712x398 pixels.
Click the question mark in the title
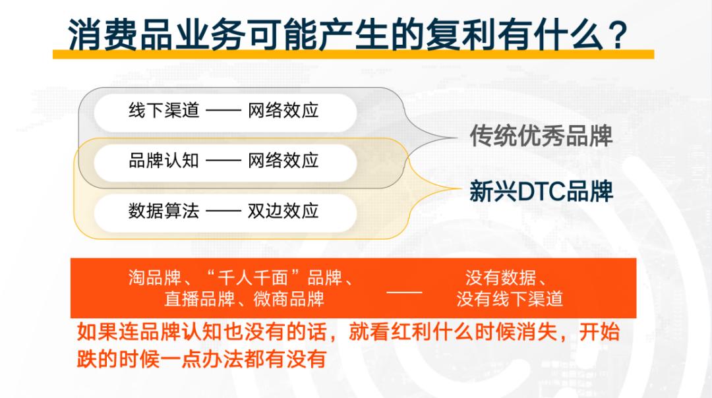[x=618, y=34]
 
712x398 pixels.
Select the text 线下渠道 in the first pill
[x=164, y=110]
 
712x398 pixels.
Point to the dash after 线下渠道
[x=223, y=110]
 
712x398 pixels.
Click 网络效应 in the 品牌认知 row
[x=283, y=161]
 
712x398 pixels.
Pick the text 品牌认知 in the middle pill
[x=164, y=161]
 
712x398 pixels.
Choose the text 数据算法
[x=164, y=211]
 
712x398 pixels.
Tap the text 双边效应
[x=283, y=211]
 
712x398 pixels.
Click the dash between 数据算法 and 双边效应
[x=223, y=211]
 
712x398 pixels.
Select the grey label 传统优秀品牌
[x=541, y=135]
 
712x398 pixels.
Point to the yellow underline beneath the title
[x=353, y=55]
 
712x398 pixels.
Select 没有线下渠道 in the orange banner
[x=510, y=299]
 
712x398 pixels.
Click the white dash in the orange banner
[x=404, y=293]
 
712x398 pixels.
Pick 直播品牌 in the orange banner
[x=199, y=299]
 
